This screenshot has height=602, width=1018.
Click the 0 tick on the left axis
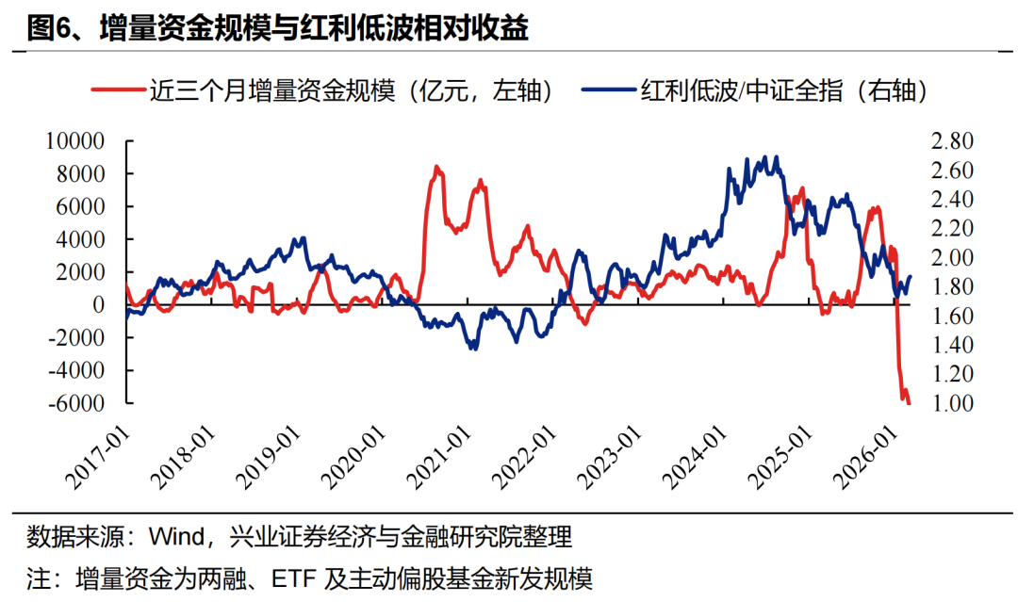(x=98, y=305)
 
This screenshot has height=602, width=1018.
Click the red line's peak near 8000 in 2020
(x=435, y=167)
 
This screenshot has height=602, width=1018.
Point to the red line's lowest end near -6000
(x=909, y=403)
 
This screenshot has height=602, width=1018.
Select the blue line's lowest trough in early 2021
(x=472, y=349)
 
